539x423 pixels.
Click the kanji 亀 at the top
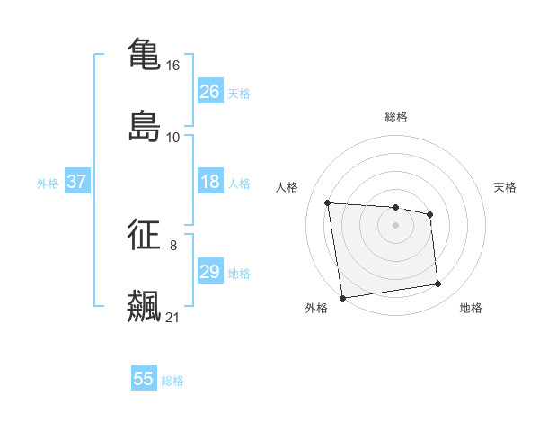pos(144,53)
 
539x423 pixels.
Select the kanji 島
pos(144,125)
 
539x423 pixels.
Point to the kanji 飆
pos(144,305)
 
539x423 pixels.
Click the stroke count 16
pos(173,66)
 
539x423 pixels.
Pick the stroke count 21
pos(173,317)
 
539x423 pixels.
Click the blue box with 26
pos(210,92)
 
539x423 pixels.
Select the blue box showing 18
pos(210,183)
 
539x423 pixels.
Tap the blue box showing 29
pos(210,272)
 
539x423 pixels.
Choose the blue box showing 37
pos(77,183)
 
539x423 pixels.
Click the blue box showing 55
pos(144,379)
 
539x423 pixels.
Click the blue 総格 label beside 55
pos(172,381)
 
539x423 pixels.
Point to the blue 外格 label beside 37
pos(48,184)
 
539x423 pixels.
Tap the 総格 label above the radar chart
pos(396,118)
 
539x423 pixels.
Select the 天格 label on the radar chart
pos(505,187)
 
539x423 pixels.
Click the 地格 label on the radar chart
pos(471,309)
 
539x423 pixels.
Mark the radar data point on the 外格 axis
pos(342,298)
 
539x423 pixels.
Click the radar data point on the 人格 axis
pos(328,202)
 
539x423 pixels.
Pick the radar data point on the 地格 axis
pos(438,284)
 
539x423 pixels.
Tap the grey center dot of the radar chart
pos(396,225)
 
